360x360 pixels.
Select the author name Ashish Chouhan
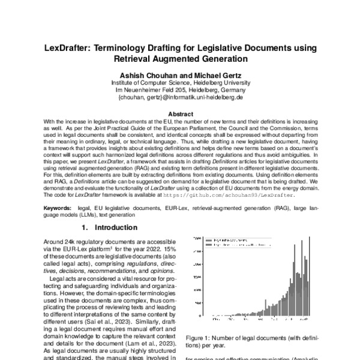148,73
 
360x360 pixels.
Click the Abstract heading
180,113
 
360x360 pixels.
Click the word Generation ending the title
220,59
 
